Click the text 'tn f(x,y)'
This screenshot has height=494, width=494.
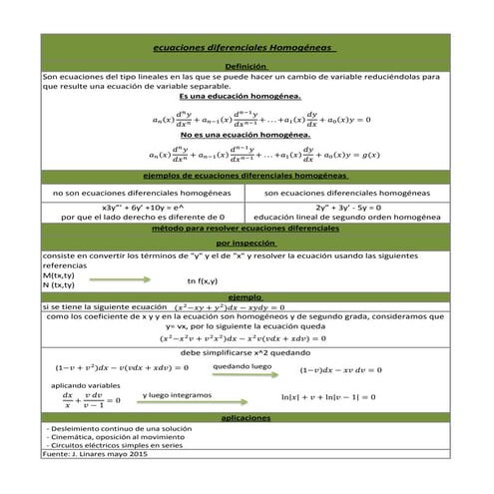tap(203, 280)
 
